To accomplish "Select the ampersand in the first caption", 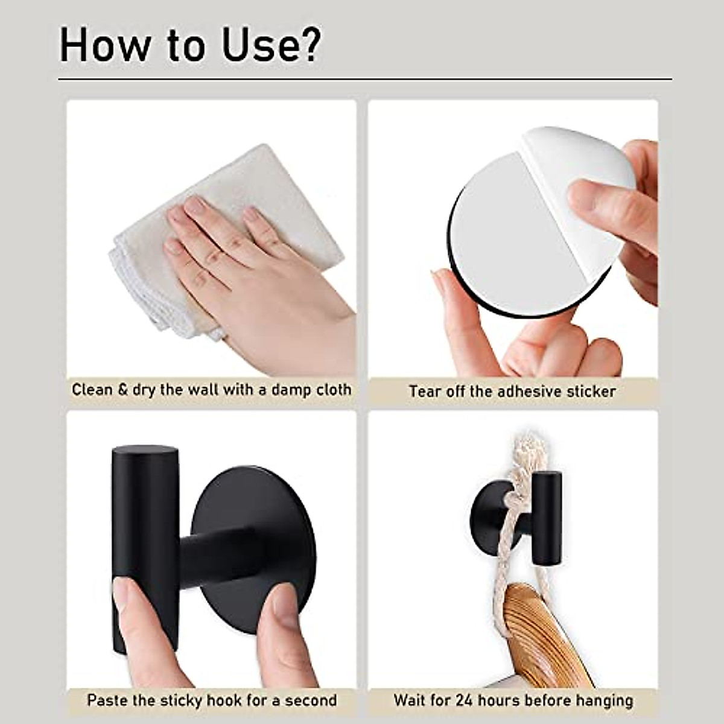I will pos(123,389).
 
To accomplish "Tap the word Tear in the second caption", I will pos(425,391).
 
